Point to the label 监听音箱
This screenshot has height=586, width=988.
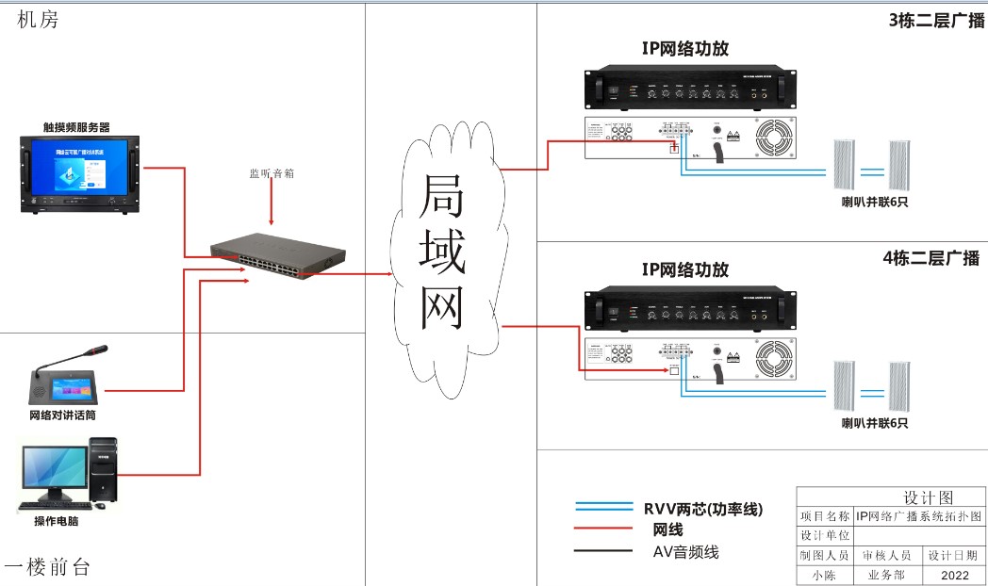pyautogui.click(x=271, y=173)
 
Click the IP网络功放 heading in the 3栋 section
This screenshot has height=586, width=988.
pyautogui.click(x=685, y=49)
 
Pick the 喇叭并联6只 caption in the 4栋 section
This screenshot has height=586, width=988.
pyautogui.click(x=875, y=423)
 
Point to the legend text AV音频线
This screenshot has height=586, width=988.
pyautogui.click(x=685, y=552)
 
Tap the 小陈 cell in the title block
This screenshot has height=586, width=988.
pyautogui.click(x=824, y=574)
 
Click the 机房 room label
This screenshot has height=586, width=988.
pyautogui.click(x=38, y=20)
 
